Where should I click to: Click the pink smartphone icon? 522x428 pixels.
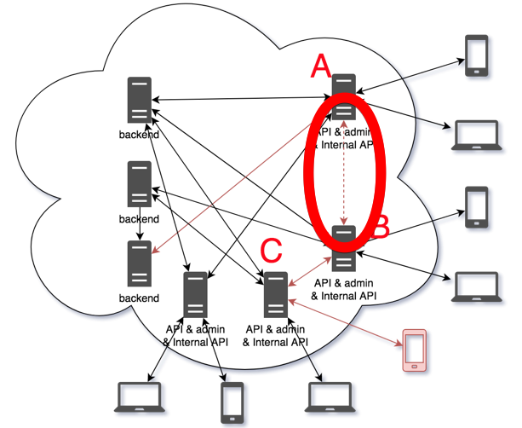(415, 350)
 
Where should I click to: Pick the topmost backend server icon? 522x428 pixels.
(139, 100)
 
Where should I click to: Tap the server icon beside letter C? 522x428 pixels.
(274, 294)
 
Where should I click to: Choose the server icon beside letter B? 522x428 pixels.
(344, 247)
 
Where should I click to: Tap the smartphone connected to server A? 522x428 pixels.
(475, 55)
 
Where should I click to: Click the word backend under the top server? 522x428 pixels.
(139, 135)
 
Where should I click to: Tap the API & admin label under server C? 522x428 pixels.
(274, 329)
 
